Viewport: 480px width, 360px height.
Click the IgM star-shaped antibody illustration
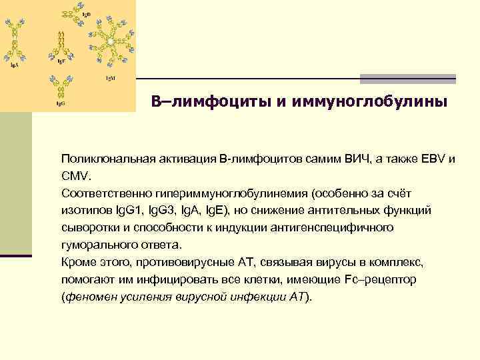pos(109,41)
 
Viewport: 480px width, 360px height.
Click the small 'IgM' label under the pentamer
pos(110,77)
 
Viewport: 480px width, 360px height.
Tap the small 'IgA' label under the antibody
pos(13,65)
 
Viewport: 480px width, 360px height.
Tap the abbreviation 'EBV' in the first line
pos(434,160)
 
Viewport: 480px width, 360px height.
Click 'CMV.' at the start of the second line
pos(74,177)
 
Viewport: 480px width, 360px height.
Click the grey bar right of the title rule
pos(407,79)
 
